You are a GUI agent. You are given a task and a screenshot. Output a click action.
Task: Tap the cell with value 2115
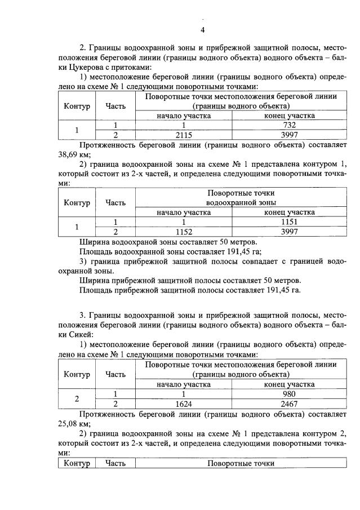tap(184, 135)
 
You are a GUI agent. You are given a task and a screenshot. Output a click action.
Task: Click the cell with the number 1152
tap(184, 232)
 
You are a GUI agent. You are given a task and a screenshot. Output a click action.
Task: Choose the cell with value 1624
tap(184, 403)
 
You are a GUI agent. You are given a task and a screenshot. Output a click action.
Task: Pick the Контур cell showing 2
tap(77, 399)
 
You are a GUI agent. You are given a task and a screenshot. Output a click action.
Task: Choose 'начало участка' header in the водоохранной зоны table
tap(184, 212)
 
